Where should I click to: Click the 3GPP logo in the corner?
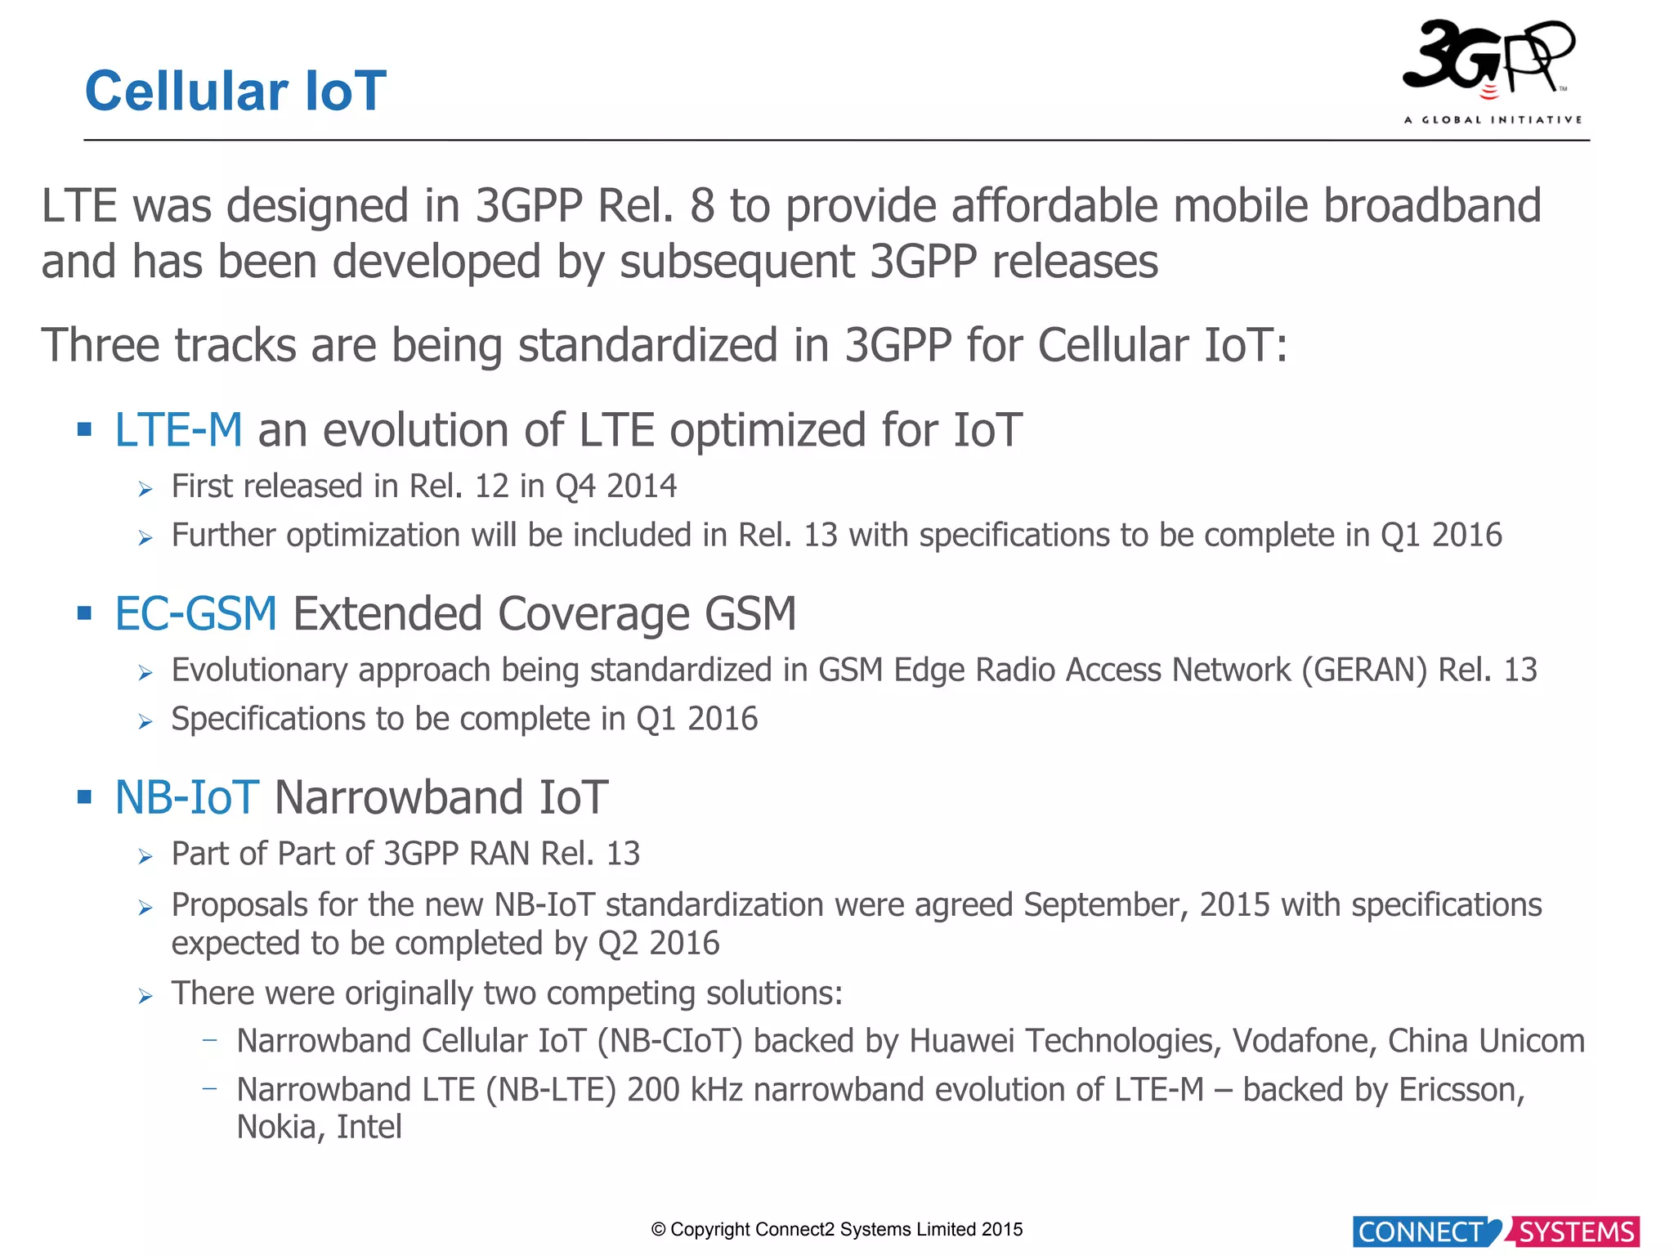pyautogui.click(x=1489, y=61)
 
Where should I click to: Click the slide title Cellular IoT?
pyautogui.click(x=235, y=91)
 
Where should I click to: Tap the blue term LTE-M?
pyautogui.click(x=178, y=430)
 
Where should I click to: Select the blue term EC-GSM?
pyautogui.click(x=196, y=614)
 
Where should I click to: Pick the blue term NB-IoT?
pyautogui.click(x=187, y=798)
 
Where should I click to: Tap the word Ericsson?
pyautogui.click(x=1461, y=1090)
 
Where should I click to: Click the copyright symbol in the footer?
pyautogui.click(x=658, y=1230)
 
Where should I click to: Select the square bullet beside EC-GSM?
pyautogui.click(x=84, y=613)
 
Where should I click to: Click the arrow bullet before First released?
pyautogui.click(x=145, y=490)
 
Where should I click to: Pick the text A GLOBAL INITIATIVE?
pyautogui.click(x=1493, y=120)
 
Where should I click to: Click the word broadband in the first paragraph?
pyautogui.click(x=1432, y=206)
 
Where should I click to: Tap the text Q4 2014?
pyautogui.click(x=615, y=487)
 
